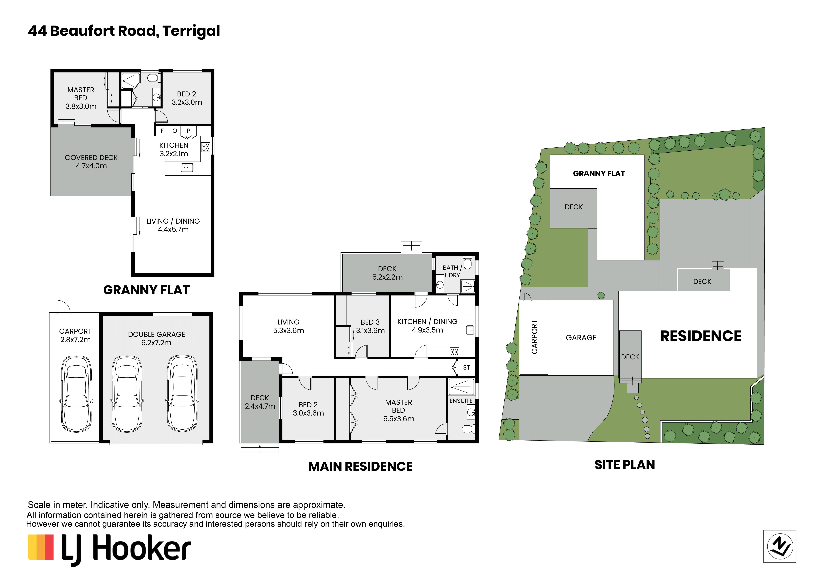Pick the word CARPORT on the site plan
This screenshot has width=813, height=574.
pyautogui.click(x=534, y=337)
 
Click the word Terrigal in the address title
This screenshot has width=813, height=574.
pyautogui.click(x=191, y=31)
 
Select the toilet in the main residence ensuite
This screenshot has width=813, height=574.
pyautogui.click(x=468, y=429)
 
